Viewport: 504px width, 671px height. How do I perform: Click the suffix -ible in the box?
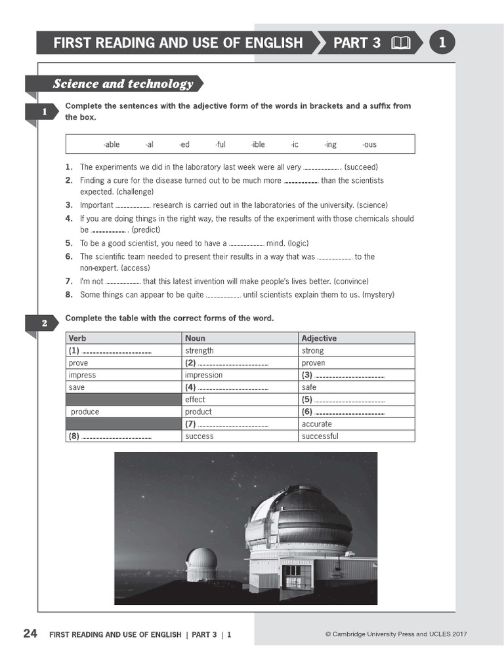pyautogui.click(x=258, y=144)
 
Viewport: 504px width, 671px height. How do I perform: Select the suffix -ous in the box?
pyautogui.click(x=369, y=144)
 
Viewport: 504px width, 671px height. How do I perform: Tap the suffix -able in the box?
pyautogui.click(x=111, y=144)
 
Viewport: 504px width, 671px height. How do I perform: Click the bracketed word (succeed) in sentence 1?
pyautogui.click(x=361, y=167)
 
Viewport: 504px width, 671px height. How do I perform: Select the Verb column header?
pyautogui.click(x=77, y=338)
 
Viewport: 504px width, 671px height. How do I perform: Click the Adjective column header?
pyautogui.click(x=319, y=338)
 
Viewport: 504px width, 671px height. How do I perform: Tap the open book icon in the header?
pyautogui.click(x=400, y=43)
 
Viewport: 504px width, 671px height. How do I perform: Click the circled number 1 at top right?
pyautogui.click(x=442, y=43)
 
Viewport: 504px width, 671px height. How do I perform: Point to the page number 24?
pyautogui.click(x=30, y=634)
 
